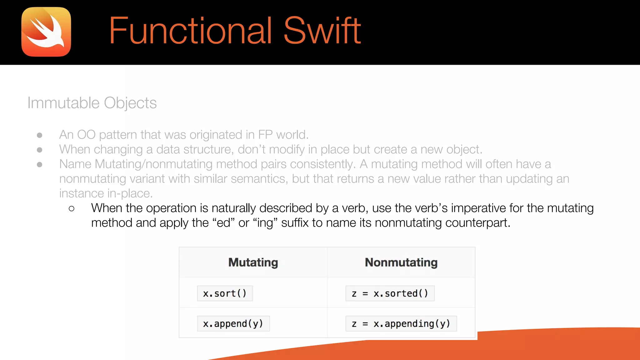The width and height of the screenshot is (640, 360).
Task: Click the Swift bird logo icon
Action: [46, 32]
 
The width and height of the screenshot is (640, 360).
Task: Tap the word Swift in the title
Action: [322, 31]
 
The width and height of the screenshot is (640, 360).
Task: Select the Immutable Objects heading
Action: [92, 103]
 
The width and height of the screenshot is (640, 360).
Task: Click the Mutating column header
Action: [253, 262]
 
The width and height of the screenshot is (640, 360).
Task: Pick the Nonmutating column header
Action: [401, 262]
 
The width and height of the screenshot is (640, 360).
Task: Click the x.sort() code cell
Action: [225, 293]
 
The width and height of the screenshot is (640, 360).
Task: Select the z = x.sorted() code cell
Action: [390, 293]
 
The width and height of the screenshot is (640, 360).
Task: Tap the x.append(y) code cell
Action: [233, 323]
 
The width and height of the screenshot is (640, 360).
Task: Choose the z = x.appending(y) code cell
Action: [401, 323]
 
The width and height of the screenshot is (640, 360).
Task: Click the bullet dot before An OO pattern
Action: [40, 135]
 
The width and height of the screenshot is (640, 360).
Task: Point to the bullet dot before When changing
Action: [40, 150]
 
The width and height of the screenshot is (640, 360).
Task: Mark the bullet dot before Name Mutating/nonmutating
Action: [40, 165]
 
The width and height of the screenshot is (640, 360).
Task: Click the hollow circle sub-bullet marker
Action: [72, 209]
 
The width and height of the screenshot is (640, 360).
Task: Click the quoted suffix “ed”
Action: [223, 223]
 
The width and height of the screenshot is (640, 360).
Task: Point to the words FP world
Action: [283, 135]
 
